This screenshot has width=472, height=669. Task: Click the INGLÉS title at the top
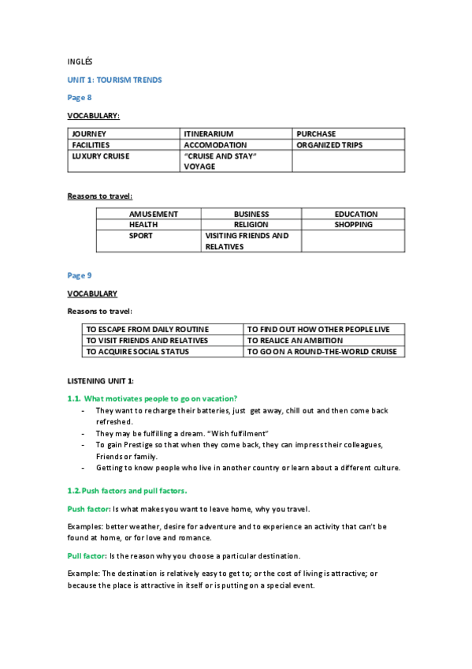[80, 61]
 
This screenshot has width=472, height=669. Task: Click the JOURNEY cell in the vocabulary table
[89, 134]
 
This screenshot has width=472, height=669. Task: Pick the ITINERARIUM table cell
[208, 134]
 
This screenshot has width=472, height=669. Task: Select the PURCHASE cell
[316, 134]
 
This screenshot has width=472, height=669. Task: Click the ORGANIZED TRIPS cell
[329, 145]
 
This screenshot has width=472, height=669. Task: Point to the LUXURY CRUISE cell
[101, 156]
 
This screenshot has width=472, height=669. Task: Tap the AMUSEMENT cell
[154, 214]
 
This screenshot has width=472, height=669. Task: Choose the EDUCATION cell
[355, 214]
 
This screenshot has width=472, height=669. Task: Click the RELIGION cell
[251, 225]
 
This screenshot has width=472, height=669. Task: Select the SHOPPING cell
[353, 225]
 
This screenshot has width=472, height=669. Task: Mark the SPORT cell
[141, 236]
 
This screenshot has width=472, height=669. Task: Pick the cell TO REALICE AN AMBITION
[295, 341]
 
